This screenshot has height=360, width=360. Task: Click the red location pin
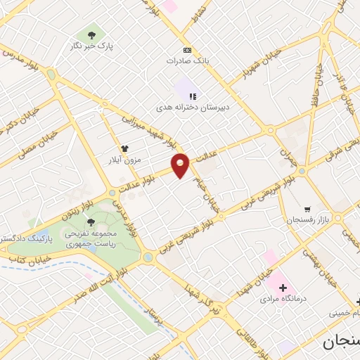tap(181, 165)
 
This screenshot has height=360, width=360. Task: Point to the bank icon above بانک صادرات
tap(187, 50)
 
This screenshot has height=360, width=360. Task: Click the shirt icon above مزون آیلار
tap(125, 148)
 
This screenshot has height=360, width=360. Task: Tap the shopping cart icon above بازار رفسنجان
tap(307, 209)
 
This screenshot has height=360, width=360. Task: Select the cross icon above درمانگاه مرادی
tap(283, 287)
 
